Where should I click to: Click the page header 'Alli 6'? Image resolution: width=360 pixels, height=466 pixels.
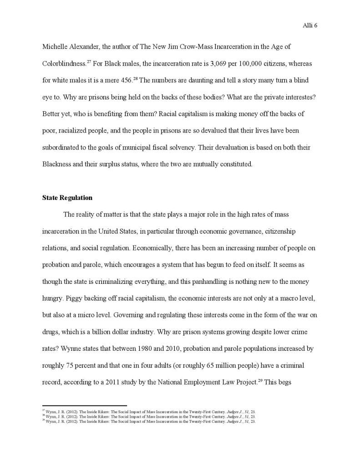click(309, 26)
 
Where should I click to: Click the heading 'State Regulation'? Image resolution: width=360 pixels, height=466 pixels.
click(67, 198)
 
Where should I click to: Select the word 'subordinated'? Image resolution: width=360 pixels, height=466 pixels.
click(61, 147)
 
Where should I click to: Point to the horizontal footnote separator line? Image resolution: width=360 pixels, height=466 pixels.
click(84, 405)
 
